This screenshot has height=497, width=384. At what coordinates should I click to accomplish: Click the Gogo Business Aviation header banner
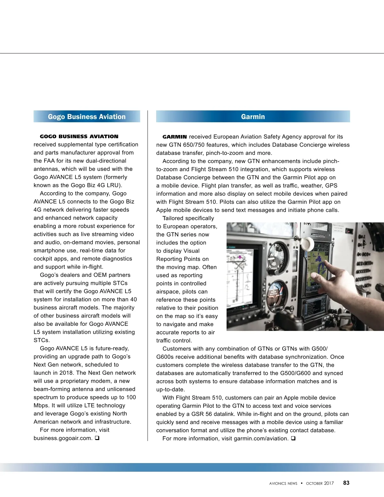87,116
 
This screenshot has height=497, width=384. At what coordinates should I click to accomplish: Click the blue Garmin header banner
253,116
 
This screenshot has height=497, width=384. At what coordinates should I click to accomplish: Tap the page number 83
346,483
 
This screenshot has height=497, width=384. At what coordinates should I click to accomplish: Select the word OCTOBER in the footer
314,483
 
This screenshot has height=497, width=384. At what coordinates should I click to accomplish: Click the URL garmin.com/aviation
261,438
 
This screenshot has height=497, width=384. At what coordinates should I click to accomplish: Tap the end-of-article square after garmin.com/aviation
293,438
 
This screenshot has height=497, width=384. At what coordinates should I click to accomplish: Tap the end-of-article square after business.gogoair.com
97,438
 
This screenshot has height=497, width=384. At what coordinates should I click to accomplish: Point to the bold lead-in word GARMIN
174,137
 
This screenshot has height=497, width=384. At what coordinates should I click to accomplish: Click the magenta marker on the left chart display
240,257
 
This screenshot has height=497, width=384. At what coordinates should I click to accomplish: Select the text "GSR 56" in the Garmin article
202,414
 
